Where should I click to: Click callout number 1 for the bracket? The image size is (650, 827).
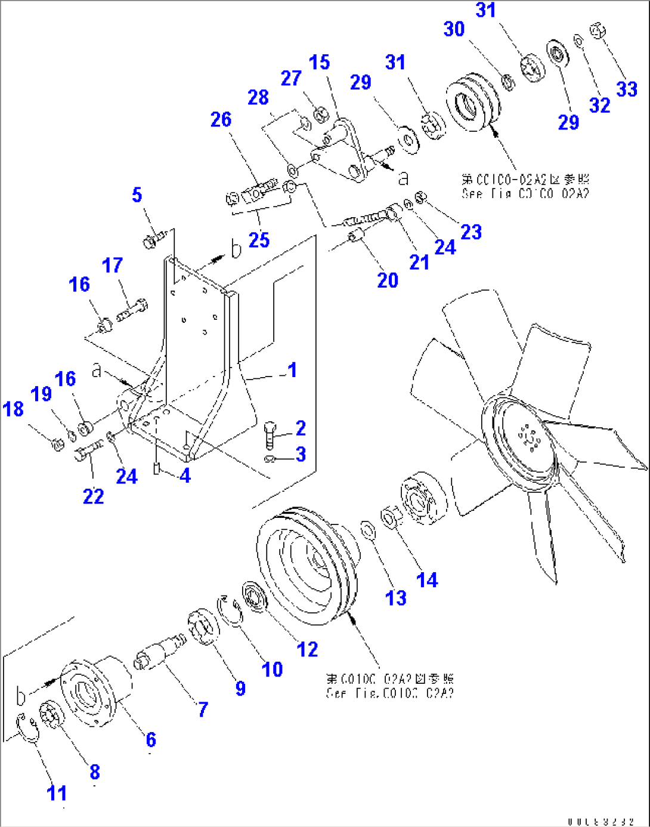[x=292, y=370]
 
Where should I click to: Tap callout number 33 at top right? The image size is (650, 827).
[x=627, y=89]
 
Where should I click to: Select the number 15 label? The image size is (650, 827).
[x=319, y=62]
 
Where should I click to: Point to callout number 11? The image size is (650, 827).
[x=57, y=793]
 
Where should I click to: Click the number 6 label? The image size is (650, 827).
[x=151, y=740]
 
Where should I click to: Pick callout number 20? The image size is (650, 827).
[x=388, y=280]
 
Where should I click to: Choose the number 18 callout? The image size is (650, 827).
[x=13, y=409]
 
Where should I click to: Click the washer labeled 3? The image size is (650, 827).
[x=269, y=458]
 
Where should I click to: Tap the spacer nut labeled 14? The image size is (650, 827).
[x=391, y=516]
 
